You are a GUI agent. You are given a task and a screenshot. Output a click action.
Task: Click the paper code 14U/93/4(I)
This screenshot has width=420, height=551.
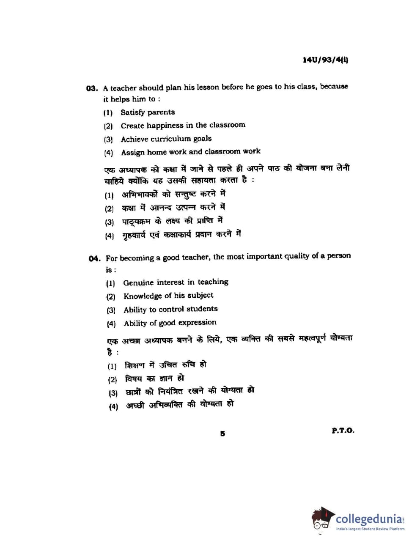click(325, 60)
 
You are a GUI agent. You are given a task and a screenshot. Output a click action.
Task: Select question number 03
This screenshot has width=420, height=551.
click(92, 88)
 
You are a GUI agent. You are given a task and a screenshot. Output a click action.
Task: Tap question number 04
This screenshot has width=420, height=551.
click(94, 258)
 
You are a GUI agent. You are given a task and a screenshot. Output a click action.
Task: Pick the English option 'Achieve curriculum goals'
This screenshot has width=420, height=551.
click(166, 139)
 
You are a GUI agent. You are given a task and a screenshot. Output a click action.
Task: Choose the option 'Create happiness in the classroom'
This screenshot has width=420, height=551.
click(183, 125)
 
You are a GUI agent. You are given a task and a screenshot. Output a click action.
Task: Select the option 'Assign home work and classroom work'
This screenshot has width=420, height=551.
click(190, 152)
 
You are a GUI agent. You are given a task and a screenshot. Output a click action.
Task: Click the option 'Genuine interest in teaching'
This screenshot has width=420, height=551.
click(176, 282)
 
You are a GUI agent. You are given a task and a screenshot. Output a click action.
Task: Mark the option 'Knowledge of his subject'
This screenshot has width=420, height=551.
click(168, 296)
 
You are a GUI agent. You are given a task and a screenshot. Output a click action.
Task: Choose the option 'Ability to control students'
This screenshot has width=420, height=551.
click(170, 309)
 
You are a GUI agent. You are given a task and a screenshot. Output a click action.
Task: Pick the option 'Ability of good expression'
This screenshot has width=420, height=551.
click(170, 323)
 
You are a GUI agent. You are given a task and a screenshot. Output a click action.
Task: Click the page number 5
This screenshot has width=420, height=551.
click(222, 433)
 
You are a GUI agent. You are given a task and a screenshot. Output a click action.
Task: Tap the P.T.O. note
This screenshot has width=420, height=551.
click(343, 430)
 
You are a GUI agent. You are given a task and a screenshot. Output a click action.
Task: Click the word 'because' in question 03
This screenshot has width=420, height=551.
click(334, 86)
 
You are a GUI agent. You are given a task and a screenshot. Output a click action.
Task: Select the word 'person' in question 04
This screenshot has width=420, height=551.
click(338, 256)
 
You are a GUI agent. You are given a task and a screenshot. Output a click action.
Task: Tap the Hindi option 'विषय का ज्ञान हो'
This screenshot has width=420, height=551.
click(154, 378)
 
